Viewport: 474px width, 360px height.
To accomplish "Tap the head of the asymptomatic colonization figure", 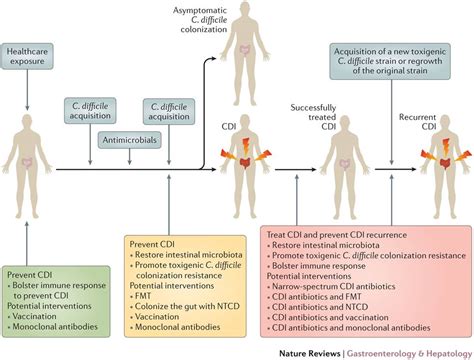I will pyautogui.click(x=239, y=30).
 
